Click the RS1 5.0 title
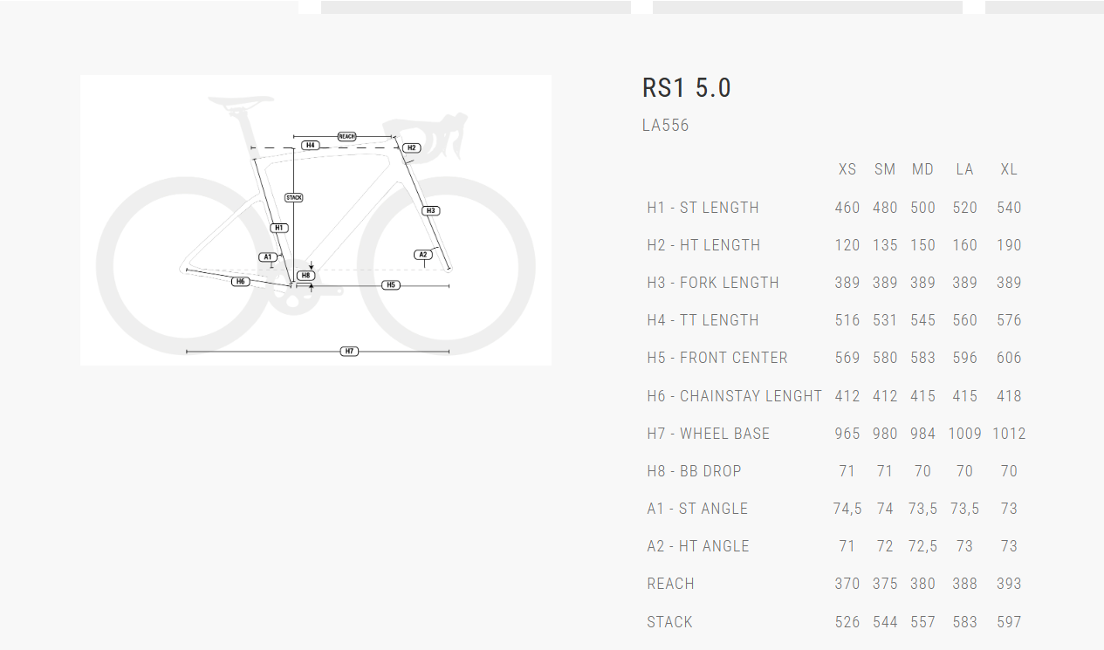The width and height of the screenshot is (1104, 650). tap(686, 88)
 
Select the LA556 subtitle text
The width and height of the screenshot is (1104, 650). tap(665, 126)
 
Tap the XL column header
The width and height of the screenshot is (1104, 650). tap(1009, 169)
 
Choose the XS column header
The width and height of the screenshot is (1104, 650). tap(847, 169)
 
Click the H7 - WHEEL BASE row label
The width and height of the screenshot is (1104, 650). tap(708, 434)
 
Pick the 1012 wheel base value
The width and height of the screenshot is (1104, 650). tap(1009, 434)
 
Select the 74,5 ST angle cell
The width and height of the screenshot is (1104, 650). tap(847, 509)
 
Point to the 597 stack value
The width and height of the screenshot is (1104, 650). tap(1009, 622)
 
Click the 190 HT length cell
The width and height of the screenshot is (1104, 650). tap(1009, 245)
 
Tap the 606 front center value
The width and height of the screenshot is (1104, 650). tap(1009, 358)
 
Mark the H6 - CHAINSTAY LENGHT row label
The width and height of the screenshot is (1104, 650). tap(734, 396)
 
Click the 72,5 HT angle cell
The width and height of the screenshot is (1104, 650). tap(922, 546)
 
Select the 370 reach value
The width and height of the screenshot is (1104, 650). tap(847, 584)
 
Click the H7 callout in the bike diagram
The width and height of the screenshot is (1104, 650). tap(349, 351)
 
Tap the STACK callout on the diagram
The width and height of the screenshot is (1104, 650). tap(294, 198)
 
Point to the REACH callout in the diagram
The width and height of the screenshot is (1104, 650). tap(346, 137)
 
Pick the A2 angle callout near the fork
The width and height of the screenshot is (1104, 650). tap(423, 255)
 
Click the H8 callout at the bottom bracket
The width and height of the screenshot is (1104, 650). tap(305, 276)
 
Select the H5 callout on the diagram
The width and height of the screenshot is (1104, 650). tap(391, 285)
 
